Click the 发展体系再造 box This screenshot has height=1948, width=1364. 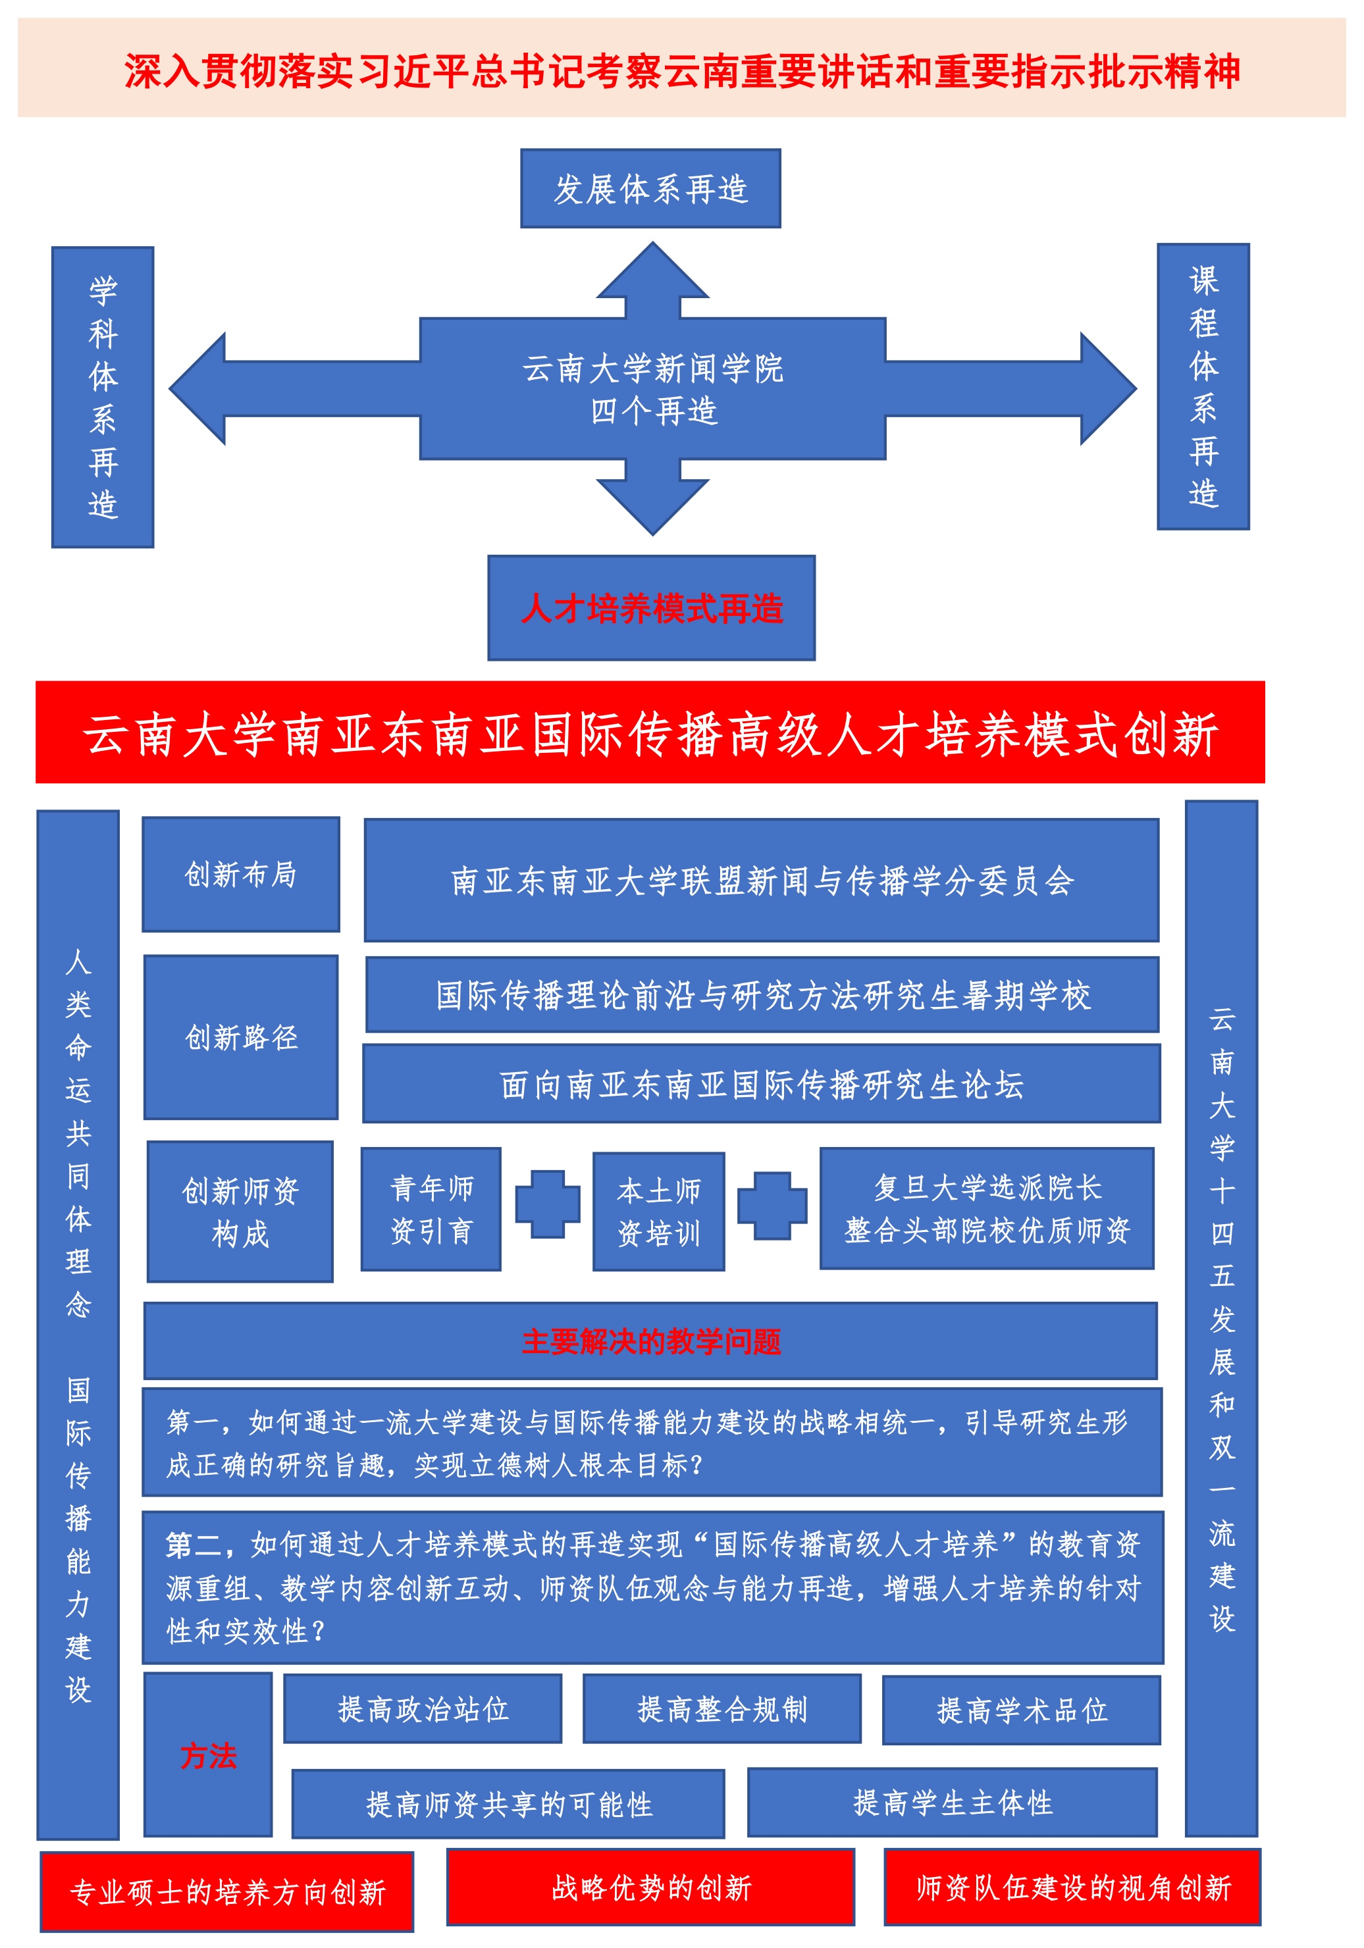[x=650, y=188]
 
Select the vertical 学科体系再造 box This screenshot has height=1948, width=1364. [x=103, y=397]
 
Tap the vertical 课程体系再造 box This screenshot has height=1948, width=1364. [x=1203, y=387]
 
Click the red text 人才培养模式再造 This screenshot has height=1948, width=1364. [x=652, y=608]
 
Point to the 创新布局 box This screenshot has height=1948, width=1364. [x=241, y=874]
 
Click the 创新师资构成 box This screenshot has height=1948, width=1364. [x=240, y=1211]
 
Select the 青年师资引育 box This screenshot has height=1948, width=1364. [x=431, y=1209]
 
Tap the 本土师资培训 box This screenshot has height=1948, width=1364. [x=659, y=1211]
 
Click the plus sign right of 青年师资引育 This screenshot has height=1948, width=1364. [x=548, y=1204]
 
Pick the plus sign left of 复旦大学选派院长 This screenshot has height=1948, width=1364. [x=772, y=1206]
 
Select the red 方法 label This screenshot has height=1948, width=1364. [x=208, y=1755]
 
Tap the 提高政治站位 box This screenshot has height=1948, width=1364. [x=423, y=1708]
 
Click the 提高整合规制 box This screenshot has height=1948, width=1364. [x=722, y=1708]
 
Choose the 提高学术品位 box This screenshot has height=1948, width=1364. [x=1022, y=1710]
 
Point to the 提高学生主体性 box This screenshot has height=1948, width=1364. [x=953, y=1802]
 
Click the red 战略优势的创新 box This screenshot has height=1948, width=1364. [x=651, y=1887]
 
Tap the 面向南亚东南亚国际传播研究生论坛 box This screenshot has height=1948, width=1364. [x=762, y=1083]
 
